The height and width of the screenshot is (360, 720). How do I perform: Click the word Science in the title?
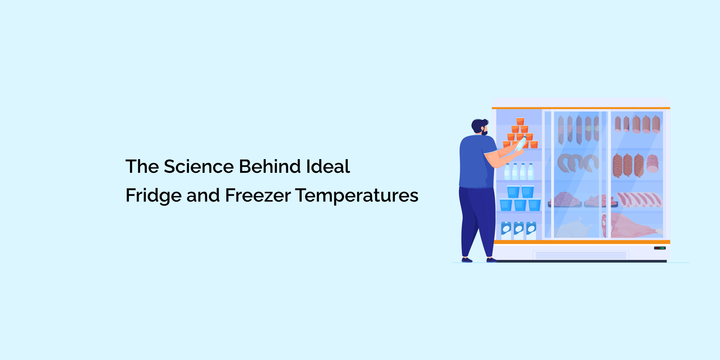coord(199,166)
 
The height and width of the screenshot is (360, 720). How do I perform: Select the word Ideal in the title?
coord(328,166)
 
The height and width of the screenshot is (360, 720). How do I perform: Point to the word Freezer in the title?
coord(258,195)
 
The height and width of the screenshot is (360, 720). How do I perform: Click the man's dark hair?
coord(479,125)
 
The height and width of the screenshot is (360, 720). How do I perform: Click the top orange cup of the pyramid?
coord(520,121)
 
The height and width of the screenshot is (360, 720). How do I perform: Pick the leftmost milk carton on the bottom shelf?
coord(506,231)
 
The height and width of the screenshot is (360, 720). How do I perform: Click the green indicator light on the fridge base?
coord(662,248)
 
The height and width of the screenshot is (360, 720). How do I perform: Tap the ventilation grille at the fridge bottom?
coord(581,255)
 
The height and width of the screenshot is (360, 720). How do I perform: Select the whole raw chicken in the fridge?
coord(574,228)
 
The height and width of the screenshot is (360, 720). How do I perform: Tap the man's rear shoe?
coord(467,260)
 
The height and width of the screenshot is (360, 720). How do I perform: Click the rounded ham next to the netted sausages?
coord(652,164)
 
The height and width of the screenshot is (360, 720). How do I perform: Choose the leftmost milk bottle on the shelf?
coord(507,172)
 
